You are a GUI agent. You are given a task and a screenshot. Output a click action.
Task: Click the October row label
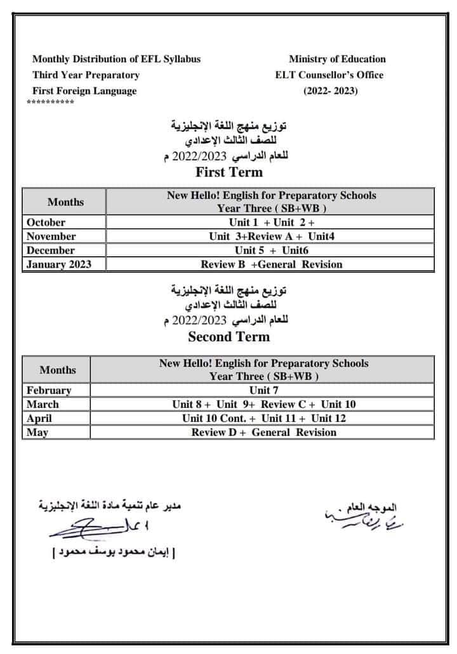[46, 223]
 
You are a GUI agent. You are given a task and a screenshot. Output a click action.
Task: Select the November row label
[51, 237]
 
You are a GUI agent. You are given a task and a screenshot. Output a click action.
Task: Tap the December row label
[51, 251]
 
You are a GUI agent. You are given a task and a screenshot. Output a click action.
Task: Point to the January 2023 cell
[58, 265]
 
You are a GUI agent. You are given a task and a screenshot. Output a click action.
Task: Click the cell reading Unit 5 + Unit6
[271, 251]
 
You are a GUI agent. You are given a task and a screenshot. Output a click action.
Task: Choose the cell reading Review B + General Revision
[271, 265]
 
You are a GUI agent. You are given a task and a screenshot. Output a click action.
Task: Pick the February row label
[49, 390]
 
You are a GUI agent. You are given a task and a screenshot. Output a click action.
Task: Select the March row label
[43, 404]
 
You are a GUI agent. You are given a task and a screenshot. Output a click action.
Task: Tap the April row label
[39, 418]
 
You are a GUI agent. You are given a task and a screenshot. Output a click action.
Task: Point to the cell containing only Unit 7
[263, 390]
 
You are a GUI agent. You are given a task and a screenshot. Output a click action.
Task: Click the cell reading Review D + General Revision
[263, 432]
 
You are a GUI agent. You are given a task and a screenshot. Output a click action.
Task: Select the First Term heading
[228, 172]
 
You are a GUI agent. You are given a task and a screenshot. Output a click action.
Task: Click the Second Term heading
[228, 337]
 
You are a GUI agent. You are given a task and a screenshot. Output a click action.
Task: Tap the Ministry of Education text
[337, 59]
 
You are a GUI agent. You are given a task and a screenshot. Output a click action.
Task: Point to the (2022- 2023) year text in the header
[330, 91]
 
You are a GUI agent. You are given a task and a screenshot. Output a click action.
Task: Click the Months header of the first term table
[65, 202]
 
